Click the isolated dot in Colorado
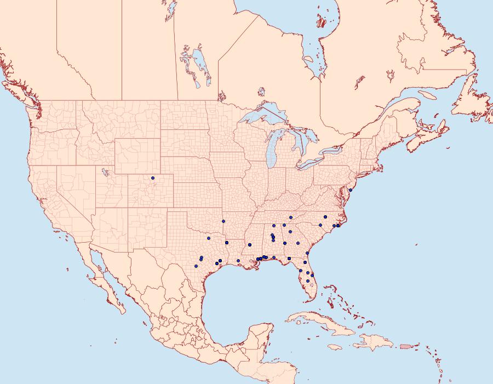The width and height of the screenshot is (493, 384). click(153, 178)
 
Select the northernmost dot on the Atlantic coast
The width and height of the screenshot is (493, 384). click(350, 190)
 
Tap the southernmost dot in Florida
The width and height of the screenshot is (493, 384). click(308, 281)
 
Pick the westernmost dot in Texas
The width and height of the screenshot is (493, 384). click(195, 266)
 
